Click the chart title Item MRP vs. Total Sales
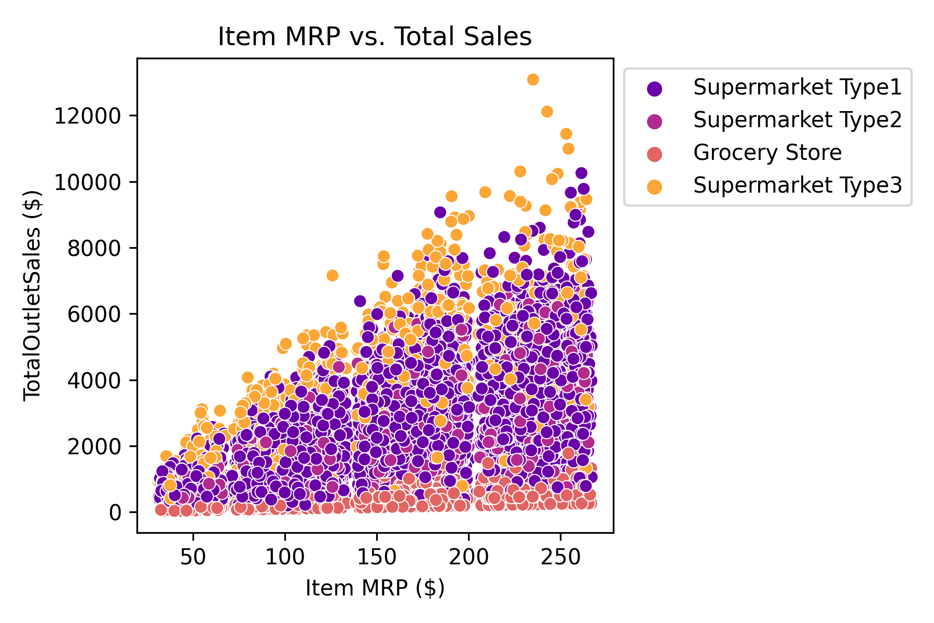click(375, 37)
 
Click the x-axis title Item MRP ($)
click(375, 588)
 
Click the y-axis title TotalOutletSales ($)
click(32, 296)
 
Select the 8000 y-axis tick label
click(94, 248)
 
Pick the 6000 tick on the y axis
click(94, 314)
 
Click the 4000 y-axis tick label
click(94, 381)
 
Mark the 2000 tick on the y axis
click(94, 446)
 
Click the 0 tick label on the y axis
click(115, 513)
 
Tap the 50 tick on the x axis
click(193, 557)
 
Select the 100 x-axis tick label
click(285, 557)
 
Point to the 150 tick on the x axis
click(377, 557)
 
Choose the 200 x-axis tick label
click(469, 557)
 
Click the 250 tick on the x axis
click(560, 557)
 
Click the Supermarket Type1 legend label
click(797, 88)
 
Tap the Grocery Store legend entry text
click(767, 153)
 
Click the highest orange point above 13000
click(533, 79)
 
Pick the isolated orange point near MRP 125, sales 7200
click(332, 275)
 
